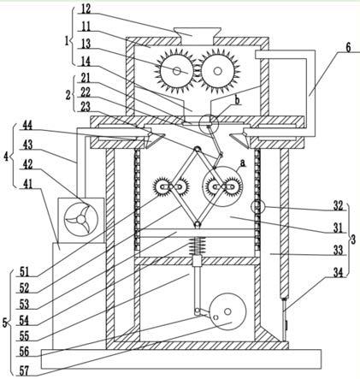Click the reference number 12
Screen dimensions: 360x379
point(86,9)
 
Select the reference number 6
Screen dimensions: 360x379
point(349,48)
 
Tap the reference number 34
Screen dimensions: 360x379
point(339,273)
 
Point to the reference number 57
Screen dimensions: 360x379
point(25,370)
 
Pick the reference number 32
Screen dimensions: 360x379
point(338,206)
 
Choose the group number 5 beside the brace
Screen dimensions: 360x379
point(5,323)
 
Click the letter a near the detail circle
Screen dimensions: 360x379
point(243,163)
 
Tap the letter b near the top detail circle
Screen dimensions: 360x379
point(237,100)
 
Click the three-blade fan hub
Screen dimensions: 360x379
point(81,220)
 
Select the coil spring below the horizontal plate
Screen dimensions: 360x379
point(197,246)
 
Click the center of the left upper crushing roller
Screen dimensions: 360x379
point(177,71)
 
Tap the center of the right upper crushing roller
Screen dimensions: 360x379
point(218,71)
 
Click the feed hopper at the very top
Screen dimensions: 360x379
point(198,33)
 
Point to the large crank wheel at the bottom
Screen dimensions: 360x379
point(227,311)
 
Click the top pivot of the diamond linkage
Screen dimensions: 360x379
point(197,149)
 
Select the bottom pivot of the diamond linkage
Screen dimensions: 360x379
point(197,225)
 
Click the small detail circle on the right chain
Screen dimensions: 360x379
point(258,207)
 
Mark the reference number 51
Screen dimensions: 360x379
point(25,271)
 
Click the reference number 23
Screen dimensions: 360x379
point(86,107)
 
